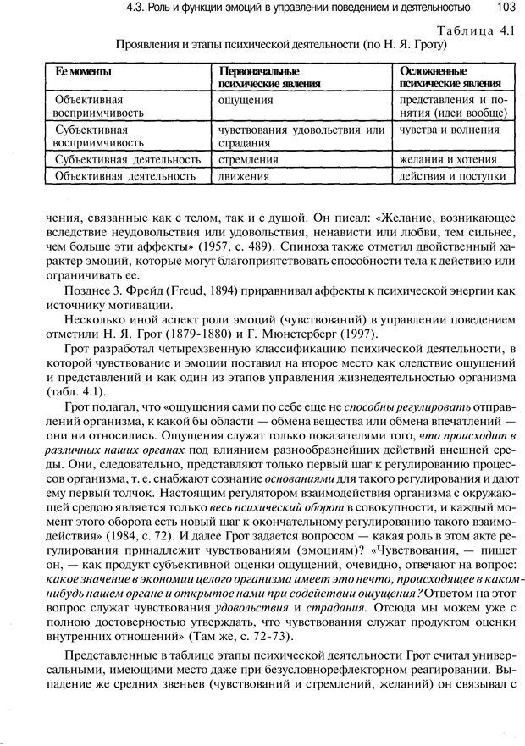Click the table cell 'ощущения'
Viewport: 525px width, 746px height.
pyautogui.click(x=245, y=99)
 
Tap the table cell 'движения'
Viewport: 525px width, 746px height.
pyautogui.click(x=244, y=176)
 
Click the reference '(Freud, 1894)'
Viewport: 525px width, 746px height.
pyautogui.click(x=187, y=291)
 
